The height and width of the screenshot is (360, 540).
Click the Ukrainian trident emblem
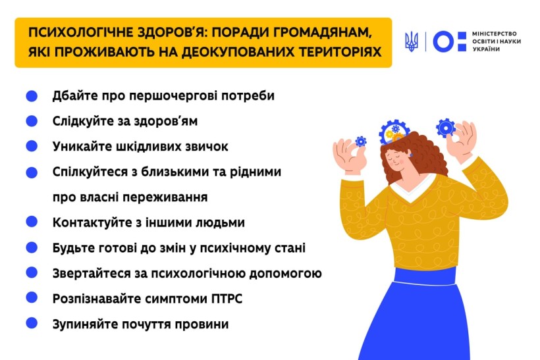(412, 41)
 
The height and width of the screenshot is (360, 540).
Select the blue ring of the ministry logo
(444, 41)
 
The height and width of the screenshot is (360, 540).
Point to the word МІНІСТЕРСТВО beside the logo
(495, 34)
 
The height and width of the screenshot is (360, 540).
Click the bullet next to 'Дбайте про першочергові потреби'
(32, 96)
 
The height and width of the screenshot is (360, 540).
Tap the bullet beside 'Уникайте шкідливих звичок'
(32, 146)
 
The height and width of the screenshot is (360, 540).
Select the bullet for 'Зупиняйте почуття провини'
(32, 323)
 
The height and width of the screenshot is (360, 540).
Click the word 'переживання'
(165, 197)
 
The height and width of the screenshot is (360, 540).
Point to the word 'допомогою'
(285, 274)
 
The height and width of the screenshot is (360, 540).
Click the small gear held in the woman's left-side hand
(361, 141)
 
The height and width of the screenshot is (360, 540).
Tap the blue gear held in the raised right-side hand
(446, 128)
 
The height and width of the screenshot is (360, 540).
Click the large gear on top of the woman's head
(394, 132)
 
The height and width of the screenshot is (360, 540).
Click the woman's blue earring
(410, 155)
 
